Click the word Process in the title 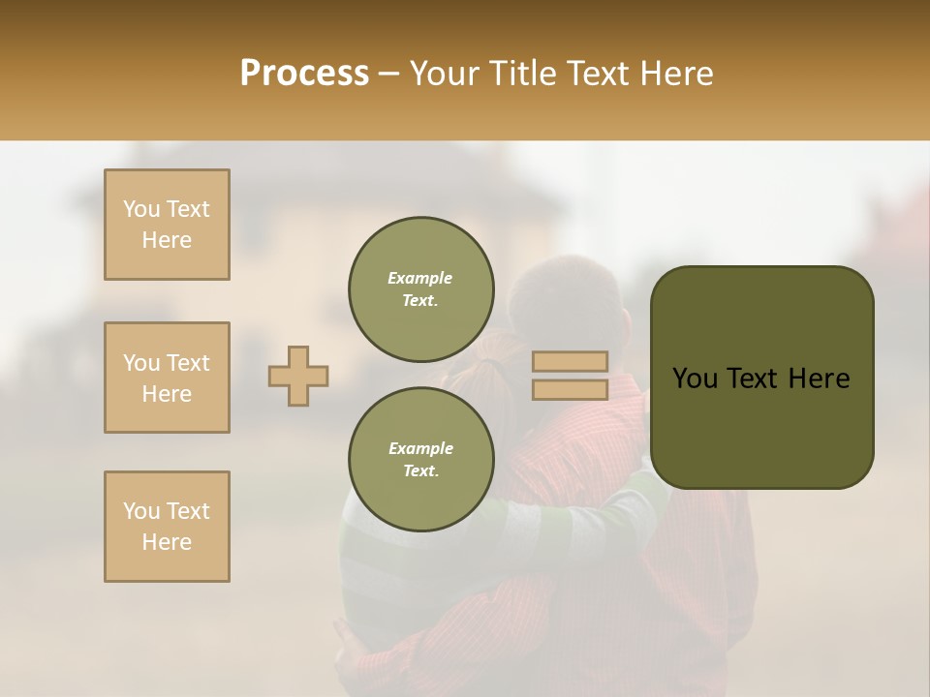click(x=304, y=74)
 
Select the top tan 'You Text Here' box click(x=167, y=225)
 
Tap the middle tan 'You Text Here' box click(x=167, y=378)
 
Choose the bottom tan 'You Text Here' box click(x=167, y=527)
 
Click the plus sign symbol click(x=298, y=376)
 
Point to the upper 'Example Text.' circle click(x=421, y=289)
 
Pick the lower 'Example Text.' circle click(x=421, y=460)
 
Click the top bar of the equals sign click(x=570, y=362)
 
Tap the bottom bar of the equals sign click(x=570, y=390)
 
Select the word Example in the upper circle click(x=419, y=278)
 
